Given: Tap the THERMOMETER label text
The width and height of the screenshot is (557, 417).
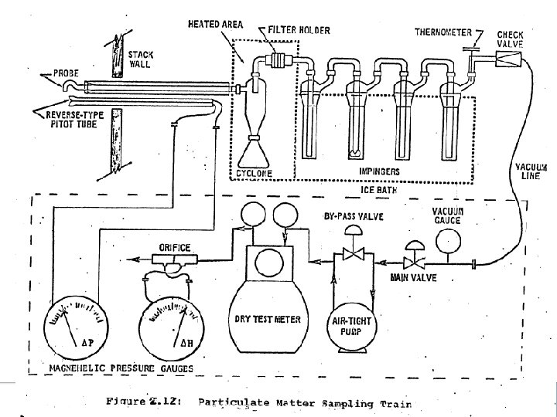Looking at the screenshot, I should click(443, 32).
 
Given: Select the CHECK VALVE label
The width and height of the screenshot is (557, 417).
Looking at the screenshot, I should click(511, 39).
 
